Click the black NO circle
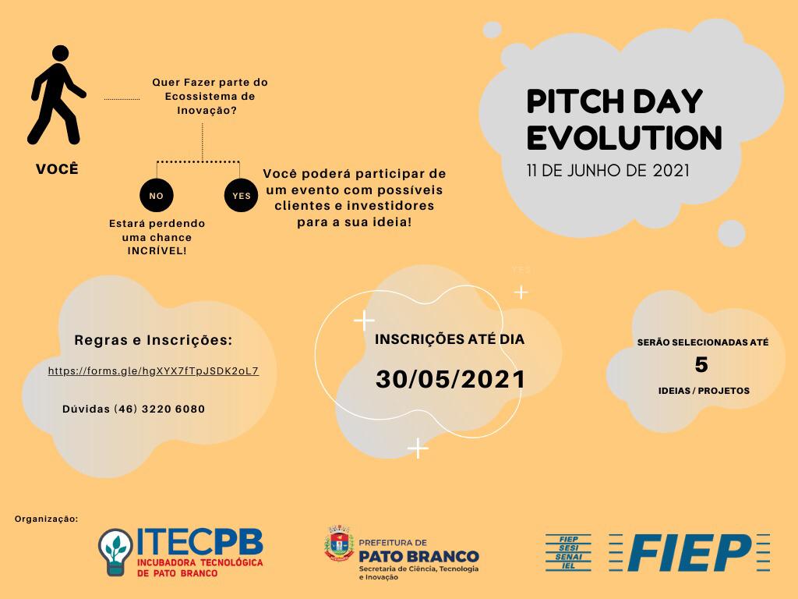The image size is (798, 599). pyautogui.click(x=157, y=196)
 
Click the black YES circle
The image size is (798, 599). pyautogui.click(x=242, y=196)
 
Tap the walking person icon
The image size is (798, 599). pyautogui.click(x=56, y=95)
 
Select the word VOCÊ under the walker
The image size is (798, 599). pyautogui.click(x=57, y=168)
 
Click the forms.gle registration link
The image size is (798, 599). pyautogui.click(x=154, y=370)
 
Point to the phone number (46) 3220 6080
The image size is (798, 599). pyautogui.click(x=159, y=409)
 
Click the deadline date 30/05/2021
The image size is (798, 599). pyautogui.click(x=450, y=380)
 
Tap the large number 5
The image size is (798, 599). pyautogui.click(x=701, y=365)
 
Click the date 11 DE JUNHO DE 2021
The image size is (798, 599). pyautogui.click(x=608, y=170)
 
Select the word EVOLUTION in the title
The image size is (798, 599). pyautogui.click(x=624, y=137)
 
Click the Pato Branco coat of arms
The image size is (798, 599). pyautogui.click(x=339, y=544)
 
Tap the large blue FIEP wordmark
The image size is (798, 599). pyautogui.click(x=689, y=553)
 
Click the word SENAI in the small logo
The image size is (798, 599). pyautogui.click(x=568, y=557)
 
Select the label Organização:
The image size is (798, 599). pyautogui.click(x=46, y=519)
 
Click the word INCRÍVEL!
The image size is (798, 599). pyautogui.click(x=157, y=250)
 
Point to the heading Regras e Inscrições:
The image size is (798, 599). pyautogui.click(x=154, y=340)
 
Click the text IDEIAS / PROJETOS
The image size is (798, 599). pyautogui.click(x=704, y=391)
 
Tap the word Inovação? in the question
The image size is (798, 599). pyautogui.click(x=207, y=111)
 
